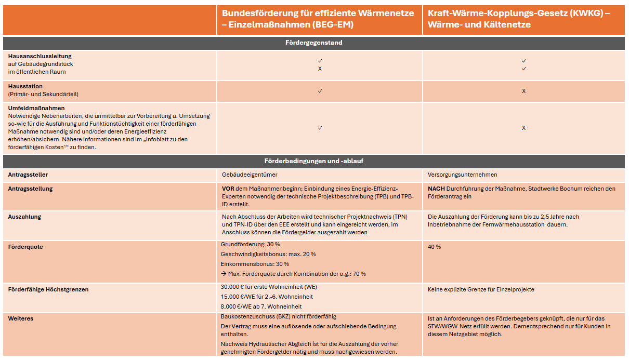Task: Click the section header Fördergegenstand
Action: (x=314, y=43)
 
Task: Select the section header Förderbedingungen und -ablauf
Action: (x=314, y=161)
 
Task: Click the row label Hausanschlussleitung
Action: (x=40, y=56)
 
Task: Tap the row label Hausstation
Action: (x=25, y=86)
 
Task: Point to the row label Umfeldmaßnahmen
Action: (x=36, y=108)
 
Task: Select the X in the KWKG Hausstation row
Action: (x=523, y=91)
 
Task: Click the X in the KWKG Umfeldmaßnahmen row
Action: (x=523, y=128)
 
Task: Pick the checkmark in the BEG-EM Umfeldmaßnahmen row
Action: (x=320, y=128)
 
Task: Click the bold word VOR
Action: (x=228, y=189)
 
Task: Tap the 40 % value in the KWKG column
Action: (x=434, y=247)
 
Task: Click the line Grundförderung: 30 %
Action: (x=251, y=244)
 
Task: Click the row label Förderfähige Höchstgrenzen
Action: (x=48, y=289)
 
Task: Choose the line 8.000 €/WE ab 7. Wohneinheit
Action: (x=261, y=306)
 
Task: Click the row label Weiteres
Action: (x=21, y=318)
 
